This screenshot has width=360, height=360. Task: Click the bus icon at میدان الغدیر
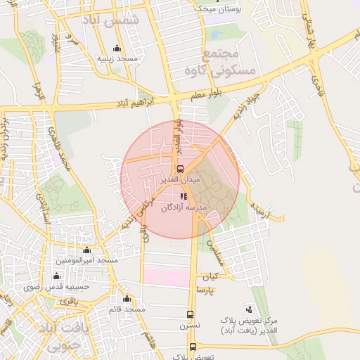coord(181,169)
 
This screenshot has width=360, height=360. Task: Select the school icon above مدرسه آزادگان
coord(185,197)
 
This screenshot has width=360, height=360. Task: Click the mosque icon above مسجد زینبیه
coord(117,48)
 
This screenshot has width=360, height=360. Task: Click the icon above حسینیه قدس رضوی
coord(56,276)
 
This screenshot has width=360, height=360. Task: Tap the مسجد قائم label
coord(127,309)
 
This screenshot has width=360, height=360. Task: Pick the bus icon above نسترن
coord(190,314)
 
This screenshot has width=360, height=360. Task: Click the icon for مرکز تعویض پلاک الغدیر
coord(248,309)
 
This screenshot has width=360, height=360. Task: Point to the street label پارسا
coord(205,290)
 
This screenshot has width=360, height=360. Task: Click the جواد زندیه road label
coord(254,103)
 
